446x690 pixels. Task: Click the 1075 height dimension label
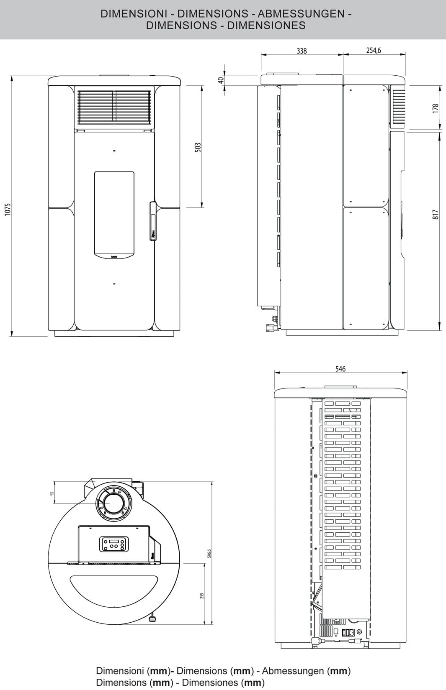7,210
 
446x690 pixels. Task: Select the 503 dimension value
199,147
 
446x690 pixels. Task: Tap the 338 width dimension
302,51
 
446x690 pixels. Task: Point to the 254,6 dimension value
374,51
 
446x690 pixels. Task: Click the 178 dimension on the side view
436,108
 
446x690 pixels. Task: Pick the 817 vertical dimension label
436,215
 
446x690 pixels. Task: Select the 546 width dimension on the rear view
340,369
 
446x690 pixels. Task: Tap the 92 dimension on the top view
52,493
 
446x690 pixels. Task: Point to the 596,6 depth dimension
210,553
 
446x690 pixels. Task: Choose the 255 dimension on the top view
201,595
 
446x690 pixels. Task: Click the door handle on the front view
152,222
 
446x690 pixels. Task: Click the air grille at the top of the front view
114,107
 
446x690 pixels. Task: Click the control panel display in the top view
112,544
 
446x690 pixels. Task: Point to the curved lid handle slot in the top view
113,590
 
